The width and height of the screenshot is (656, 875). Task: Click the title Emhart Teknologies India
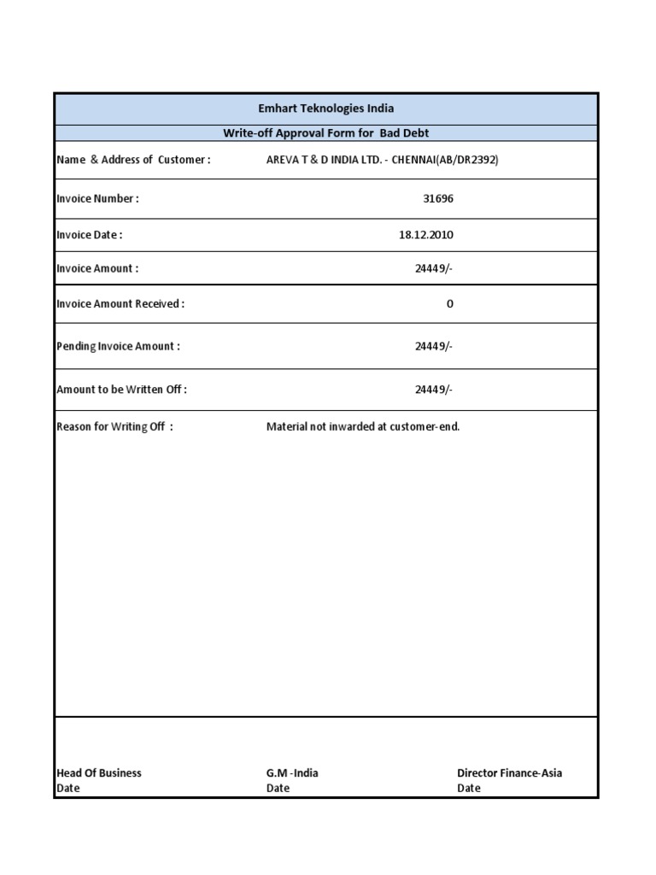coord(326,109)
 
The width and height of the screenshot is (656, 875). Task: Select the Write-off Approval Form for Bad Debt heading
coord(326,132)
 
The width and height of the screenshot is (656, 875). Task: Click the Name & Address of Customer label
coord(133,160)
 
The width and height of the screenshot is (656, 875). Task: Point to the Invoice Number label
coord(97,198)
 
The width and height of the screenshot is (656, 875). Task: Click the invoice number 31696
coord(439,198)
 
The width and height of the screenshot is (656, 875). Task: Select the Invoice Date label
coord(90,234)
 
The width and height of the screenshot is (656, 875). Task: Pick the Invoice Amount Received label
coord(120,303)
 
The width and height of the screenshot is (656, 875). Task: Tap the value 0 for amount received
coord(450,303)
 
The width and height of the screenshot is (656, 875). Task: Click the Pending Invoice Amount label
coord(118,346)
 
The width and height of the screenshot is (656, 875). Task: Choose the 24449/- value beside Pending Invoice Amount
coord(434,346)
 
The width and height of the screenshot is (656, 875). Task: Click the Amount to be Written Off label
coord(121,389)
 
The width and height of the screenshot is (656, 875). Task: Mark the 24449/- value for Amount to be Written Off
coord(434,389)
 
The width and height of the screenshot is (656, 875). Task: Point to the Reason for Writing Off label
coord(114,426)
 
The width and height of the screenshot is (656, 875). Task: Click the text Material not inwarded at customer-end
coord(363,426)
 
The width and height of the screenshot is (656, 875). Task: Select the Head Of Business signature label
coord(99,772)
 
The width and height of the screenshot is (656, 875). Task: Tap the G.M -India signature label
coord(292,772)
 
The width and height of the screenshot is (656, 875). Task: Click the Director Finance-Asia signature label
coord(510,772)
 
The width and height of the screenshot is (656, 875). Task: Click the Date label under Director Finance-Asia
coord(469,788)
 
